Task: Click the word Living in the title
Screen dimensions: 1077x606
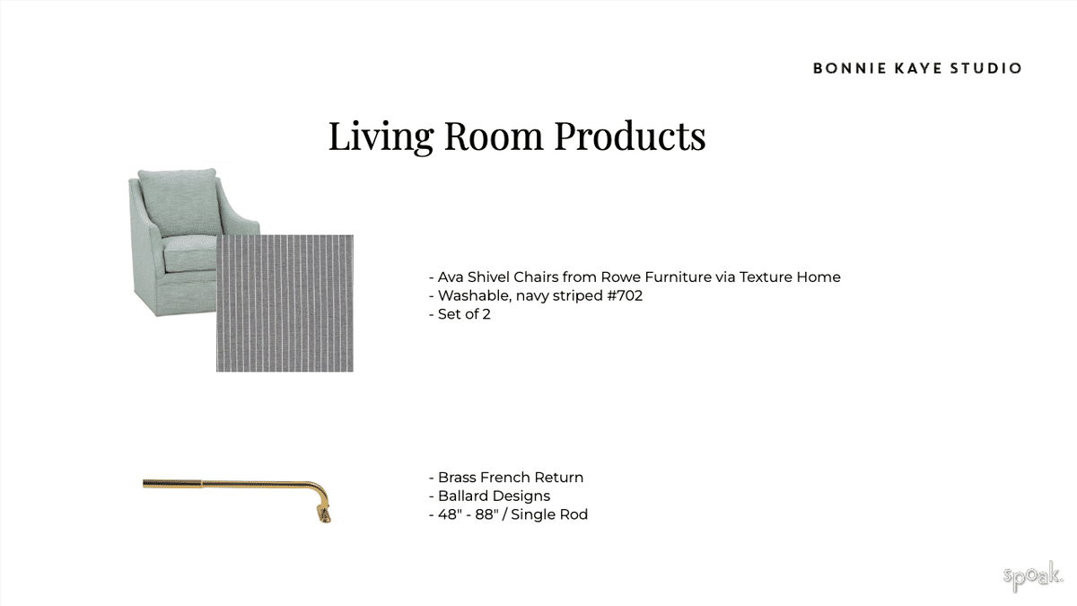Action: [x=381, y=137]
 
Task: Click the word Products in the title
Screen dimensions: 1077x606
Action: [x=630, y=136]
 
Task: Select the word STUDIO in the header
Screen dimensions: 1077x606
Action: [x=985, y=68]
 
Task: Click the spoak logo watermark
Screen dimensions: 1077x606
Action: [x=1032, y=576]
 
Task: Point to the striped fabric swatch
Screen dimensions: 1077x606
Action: [x=285, y=303]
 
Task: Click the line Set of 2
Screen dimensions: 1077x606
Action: [x=460, y=314]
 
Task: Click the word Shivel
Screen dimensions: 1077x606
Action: [x=488, y=277]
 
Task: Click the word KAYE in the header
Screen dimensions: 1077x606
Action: [x=918, y=68]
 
